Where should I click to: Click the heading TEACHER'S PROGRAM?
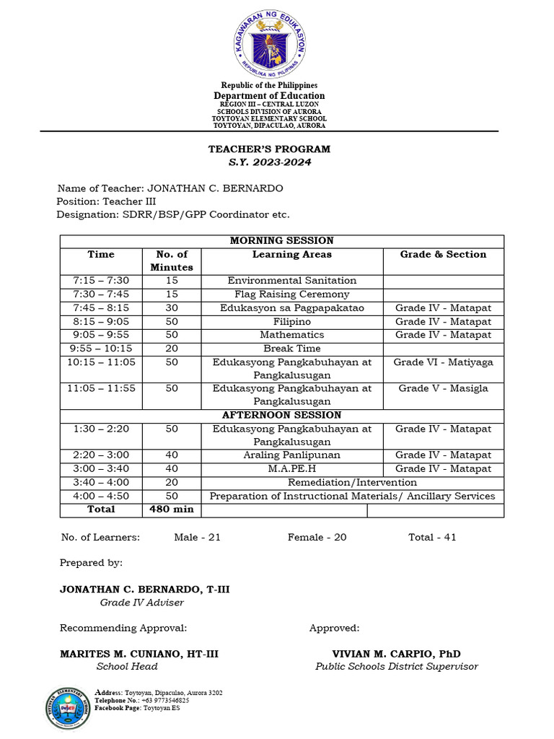click(269, 149)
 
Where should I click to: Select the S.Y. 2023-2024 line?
click(269, 162)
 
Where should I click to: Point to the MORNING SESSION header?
click(281, 241)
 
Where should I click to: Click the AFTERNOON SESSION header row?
click(281, 416)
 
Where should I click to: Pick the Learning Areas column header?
click(292, 255)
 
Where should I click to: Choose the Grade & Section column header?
click(443, 255)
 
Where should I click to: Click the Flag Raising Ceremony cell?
click(292, 294)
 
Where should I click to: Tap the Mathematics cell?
click(292, 335)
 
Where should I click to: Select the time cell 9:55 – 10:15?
click(101, 349)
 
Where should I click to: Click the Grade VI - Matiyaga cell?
click(443, 362)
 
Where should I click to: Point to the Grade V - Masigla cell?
click(443, 389)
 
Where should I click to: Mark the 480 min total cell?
click(172, 510)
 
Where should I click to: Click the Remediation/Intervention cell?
click(352, 482)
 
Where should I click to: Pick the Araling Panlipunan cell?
click(292, 455)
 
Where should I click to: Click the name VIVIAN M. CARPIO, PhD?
click(396, 654)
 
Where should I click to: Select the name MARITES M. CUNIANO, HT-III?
click(139, 654)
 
